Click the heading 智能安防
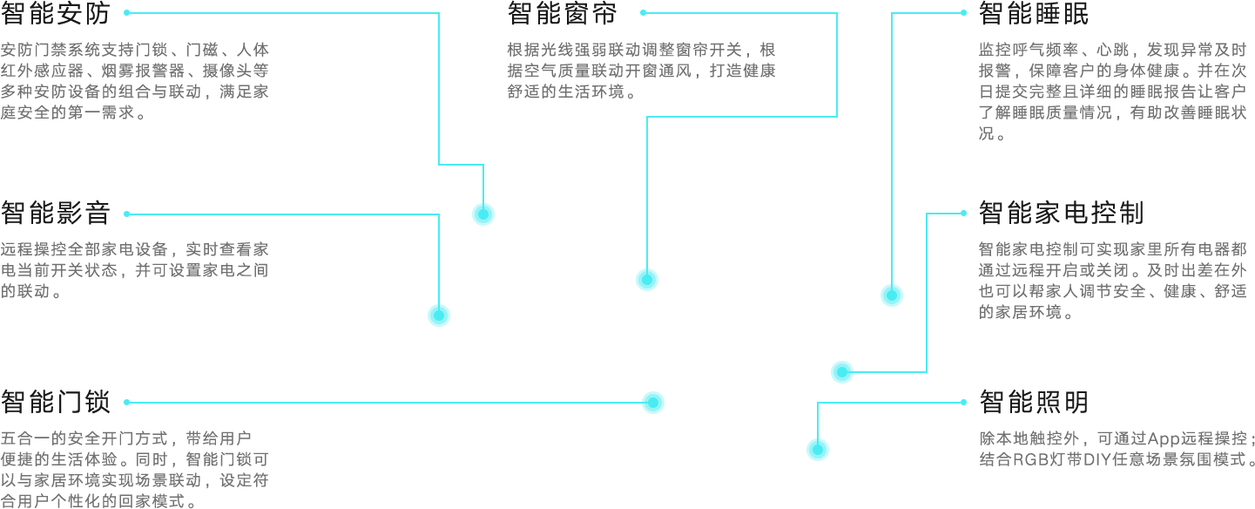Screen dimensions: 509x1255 (57, 14)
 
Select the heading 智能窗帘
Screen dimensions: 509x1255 (563, 14)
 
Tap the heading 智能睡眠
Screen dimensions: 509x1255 (1034, 14)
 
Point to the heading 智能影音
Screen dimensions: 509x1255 (57, 213)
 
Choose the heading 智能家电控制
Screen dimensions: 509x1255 (1061, 213)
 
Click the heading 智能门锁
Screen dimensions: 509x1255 (57, 403)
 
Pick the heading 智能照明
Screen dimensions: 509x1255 (1034, 403)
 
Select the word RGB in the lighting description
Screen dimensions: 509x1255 (1029, 458)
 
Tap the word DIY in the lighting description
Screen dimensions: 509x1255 (1092, 458)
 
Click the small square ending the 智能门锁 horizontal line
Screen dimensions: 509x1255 (652, 402)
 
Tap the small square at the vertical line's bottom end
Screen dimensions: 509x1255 (438, 315)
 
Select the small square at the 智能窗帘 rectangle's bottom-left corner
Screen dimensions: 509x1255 (646, 279)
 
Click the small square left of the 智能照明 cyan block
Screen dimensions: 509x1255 (817, 449)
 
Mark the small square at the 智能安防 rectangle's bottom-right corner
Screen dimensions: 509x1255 (482, 214)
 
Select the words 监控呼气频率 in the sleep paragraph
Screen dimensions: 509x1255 (1020, 49)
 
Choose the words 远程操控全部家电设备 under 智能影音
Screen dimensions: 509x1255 (86, 249)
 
